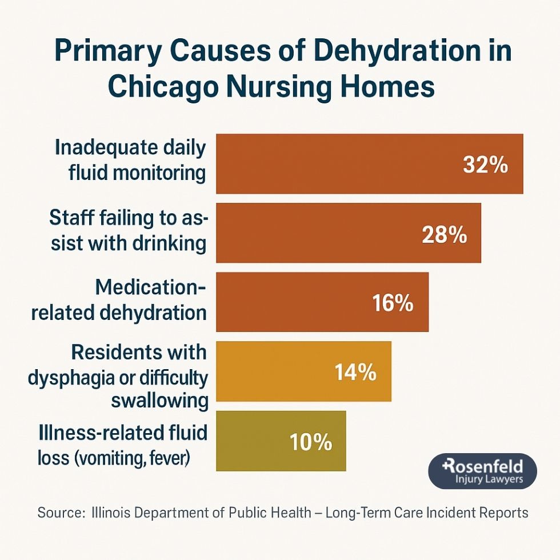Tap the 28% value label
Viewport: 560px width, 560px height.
(x=444, y=234)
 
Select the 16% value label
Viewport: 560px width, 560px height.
(x=393, y=303)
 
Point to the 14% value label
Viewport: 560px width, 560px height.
(x=355, y=373)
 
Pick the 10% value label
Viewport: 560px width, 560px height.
(x=311, y=442)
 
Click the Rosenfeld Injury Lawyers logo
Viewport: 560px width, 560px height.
(x=482, y=471)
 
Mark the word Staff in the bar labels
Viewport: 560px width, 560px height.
(x=71, y=217)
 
